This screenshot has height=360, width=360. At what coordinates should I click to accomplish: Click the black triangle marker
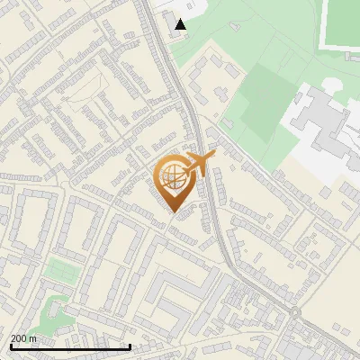pos(181,24)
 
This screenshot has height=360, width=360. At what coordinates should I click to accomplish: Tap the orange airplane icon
pos(200,163)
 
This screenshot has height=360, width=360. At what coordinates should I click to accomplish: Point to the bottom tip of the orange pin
pos(174,212)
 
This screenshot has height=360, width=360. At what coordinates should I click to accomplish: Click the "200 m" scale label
pos(23,338)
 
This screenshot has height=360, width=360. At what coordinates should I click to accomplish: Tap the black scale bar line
pos(70,346)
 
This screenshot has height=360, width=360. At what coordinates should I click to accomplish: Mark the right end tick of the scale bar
pos(130,346)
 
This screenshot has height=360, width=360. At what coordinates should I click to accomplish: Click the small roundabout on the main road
pos(295,312)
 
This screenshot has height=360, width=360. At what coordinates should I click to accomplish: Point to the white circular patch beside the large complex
pos(331,85)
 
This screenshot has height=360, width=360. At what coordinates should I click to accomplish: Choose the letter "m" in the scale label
pos(33,338)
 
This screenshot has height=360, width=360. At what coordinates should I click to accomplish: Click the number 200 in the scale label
pos(19,338)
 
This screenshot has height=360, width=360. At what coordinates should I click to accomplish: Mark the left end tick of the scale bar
pos(10,346)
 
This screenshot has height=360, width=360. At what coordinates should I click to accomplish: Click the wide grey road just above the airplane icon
pos(191,117)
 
